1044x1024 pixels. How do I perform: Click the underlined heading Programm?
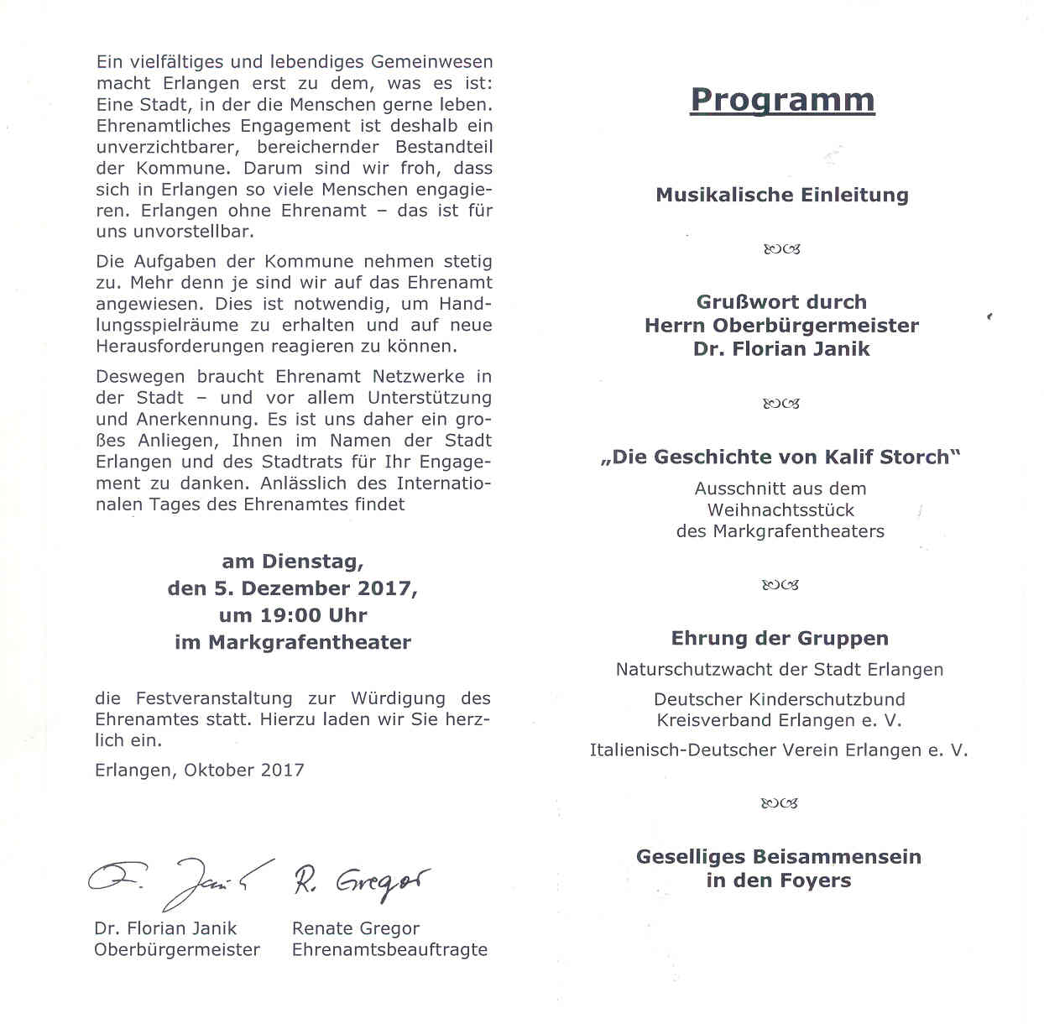coord(782,100)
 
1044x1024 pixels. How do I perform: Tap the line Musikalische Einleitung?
coord(782,196)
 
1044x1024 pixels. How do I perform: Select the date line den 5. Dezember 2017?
coord(292,588)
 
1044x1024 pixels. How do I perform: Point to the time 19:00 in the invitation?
coord(290,615)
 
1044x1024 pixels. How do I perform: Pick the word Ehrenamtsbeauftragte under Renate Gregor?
coord(389,950)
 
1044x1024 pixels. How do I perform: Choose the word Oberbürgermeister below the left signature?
coord(177,950)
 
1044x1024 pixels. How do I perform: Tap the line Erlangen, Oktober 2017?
coord(200,771)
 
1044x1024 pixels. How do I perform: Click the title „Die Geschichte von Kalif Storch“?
coord(780,457)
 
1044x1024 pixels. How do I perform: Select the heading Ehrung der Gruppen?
coord(780,639)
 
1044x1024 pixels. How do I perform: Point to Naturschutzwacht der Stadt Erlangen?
coord(780,670)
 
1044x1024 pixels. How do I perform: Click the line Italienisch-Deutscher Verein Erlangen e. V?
coord(779,750)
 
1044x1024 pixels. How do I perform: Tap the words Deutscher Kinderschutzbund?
coord(780,699)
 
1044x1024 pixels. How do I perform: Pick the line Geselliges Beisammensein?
coord(779,857)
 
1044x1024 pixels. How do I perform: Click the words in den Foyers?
coord(779,880)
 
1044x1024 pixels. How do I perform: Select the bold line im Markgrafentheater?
coord(293,643)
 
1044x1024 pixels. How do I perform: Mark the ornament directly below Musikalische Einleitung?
coord(781,249)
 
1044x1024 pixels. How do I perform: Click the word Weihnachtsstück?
coord(780,510)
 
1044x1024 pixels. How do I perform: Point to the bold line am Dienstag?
coord(293,562)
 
